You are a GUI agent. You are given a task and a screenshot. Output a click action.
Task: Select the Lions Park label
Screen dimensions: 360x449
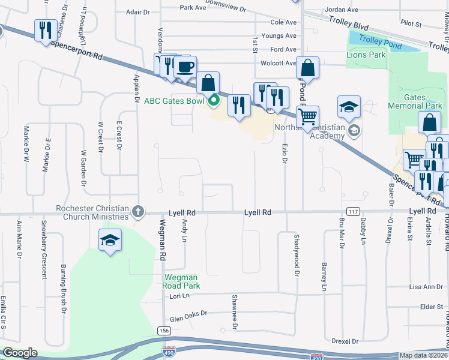click(x=366, y=55)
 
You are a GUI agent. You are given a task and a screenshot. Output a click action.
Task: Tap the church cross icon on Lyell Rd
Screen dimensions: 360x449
click(x=138, y=211)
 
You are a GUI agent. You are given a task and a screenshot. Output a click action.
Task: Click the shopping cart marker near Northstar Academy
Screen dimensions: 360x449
click(x=307, y=116)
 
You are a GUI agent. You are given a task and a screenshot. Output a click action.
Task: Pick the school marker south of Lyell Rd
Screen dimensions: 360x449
click(x=109, y=241)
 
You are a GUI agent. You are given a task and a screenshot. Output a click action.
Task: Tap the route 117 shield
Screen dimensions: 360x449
click(x=353, y=211)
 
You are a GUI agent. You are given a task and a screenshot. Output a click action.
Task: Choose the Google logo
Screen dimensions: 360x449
click(x=20, y=353)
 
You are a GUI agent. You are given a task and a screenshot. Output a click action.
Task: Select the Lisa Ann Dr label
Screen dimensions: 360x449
click(x=424, y=287)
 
